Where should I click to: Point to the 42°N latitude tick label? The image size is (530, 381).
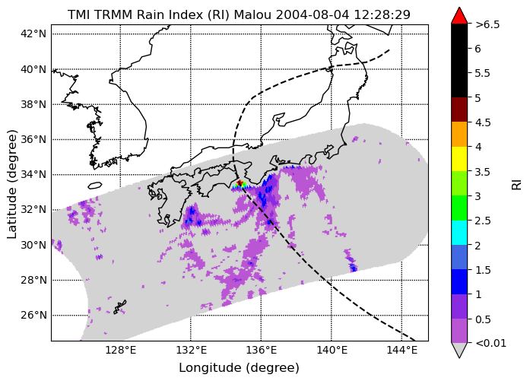33,33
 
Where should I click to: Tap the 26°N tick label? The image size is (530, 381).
33,315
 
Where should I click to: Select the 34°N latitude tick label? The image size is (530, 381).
33,174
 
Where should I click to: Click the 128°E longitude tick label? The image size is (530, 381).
120,351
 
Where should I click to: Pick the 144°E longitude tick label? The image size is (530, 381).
401,351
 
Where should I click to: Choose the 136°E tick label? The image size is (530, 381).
261,351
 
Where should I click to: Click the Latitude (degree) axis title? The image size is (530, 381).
11,183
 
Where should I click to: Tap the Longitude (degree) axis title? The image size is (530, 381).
239,368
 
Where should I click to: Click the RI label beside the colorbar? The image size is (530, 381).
517,185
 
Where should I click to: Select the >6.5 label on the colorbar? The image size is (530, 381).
487,24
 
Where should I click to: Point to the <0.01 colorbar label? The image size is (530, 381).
490,343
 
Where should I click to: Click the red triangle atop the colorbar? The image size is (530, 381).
459,16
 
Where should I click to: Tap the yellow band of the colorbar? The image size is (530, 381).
459,159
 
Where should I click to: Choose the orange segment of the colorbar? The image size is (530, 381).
459,134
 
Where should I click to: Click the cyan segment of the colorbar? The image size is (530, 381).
459,233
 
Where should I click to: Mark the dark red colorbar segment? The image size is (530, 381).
459,110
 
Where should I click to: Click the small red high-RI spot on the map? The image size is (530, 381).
240,183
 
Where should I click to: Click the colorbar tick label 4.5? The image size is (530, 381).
483,122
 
